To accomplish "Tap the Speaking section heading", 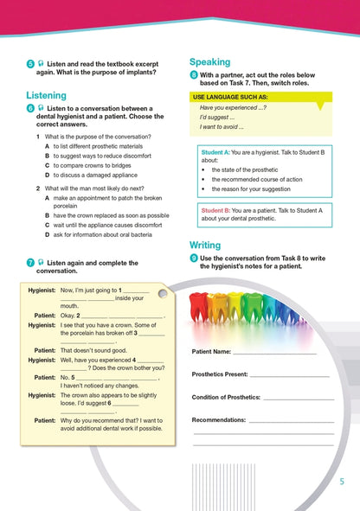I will pyautogui.click(x=209, y=61).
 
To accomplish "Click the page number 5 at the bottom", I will pyautogui.click(x=342, y=482).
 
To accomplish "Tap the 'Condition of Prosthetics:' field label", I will pyautogui.click(x=226, y=397).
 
